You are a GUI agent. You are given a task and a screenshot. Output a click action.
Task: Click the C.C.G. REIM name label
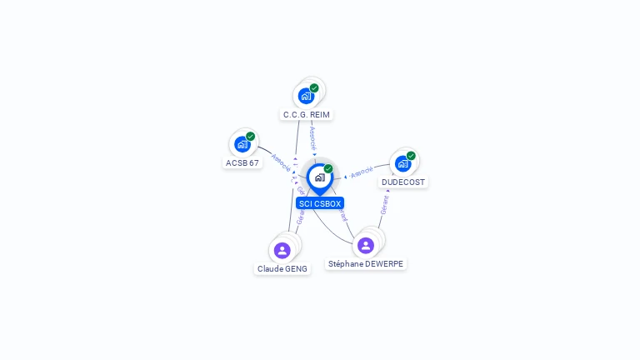point(307,114)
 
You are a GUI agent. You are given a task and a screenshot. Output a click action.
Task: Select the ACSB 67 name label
point(242,162)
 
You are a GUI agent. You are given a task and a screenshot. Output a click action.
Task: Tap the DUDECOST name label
point(403,182)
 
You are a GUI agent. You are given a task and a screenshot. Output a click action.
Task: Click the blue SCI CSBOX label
point(320,202)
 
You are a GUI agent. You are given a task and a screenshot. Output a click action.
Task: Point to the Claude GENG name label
point(282,268)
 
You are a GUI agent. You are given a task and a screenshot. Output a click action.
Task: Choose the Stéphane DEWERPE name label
point(366,263)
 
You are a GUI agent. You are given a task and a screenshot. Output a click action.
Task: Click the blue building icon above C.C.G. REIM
point(306,96)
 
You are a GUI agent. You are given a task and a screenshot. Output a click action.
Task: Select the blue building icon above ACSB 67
point(242,144)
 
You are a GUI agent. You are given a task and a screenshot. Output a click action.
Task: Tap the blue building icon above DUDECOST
point(402,163)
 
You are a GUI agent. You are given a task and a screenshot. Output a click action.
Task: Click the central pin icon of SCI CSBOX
point(319,177)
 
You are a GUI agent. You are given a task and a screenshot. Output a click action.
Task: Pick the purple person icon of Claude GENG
point(282,250)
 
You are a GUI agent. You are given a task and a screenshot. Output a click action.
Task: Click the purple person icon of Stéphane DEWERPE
point(365,245)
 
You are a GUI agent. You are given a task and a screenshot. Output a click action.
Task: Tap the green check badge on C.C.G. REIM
point(314,88)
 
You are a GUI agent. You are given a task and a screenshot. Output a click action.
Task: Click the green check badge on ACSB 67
point(250,137)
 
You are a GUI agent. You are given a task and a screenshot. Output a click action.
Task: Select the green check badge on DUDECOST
point(411,156)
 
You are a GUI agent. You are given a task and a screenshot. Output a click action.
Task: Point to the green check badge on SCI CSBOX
point(328,169)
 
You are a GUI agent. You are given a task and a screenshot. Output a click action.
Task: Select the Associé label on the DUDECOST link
point(362,172)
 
